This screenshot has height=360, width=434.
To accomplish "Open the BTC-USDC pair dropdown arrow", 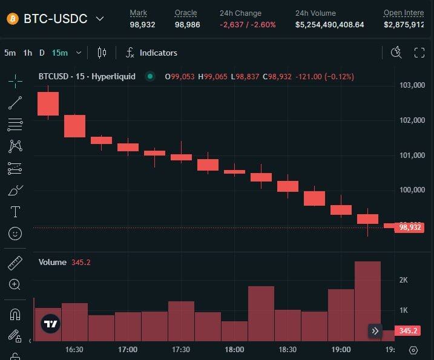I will tap(100, 19).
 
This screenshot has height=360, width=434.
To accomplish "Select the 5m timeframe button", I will tap(10, 53).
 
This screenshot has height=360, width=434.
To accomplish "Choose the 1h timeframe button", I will tap(27, 53).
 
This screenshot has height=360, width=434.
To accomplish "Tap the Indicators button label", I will tap(158, 53).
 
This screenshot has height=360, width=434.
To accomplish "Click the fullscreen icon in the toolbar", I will tap(419, 53).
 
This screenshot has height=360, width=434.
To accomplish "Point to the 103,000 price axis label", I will tap(412, 85).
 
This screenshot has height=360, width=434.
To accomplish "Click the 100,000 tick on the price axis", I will tap(412, 191).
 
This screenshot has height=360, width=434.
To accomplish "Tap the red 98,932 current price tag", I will tap(411, 227).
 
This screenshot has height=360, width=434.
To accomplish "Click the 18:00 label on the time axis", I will tap(234, 350).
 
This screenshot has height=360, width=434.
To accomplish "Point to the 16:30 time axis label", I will tap(74, 350).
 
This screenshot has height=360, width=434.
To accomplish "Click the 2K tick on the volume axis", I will tap(403, 280).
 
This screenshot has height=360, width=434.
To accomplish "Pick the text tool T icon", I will tap(15, 212).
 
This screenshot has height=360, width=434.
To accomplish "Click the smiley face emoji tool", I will tap(15, 233).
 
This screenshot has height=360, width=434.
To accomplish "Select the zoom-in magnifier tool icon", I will tap(15, 284).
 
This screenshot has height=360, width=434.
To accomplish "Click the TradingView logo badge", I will tap(51, 324).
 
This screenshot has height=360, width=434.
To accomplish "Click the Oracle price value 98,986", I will tap(188, 25).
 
